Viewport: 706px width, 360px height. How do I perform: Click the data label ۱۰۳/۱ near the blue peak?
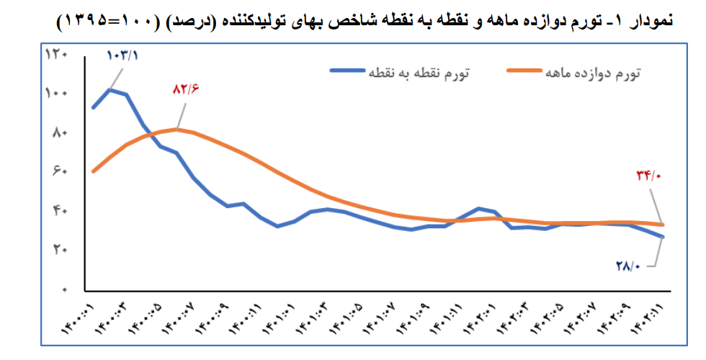tap(120, 55)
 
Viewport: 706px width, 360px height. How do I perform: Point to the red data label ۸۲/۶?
tap(185, 89)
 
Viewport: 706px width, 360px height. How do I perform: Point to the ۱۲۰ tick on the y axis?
tap(56, 55)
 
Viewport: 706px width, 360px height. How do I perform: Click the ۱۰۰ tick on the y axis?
tap(56, 94)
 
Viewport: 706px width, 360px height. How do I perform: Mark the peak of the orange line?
tap(177, 130)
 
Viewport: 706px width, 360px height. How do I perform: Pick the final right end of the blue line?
tap(663, 237)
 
